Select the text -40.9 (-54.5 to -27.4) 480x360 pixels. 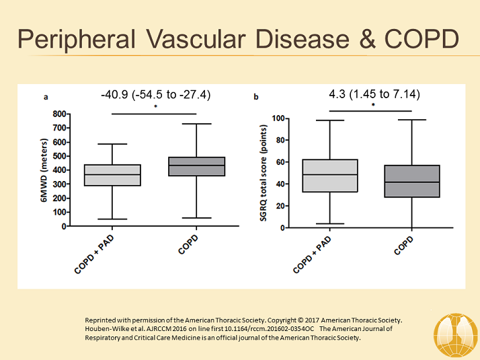(156, 95)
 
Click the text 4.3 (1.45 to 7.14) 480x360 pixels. (374, 94)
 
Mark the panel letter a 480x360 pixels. (46, 97)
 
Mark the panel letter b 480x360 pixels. (255, 97)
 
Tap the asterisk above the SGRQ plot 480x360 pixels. (374, 105)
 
